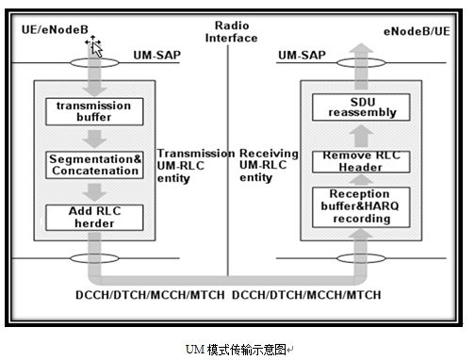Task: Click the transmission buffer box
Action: (94, 110)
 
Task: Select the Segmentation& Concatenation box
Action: (94, 164)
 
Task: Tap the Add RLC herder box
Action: (94, 217)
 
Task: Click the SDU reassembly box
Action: (363, 106)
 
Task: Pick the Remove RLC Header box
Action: (362, 161)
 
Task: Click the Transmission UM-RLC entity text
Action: (195, 165)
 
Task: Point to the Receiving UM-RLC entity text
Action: (269, 165)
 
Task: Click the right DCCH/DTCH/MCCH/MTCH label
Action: (318, 294)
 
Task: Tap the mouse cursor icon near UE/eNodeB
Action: (93, 44)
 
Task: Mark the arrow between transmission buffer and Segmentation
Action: (94, 138)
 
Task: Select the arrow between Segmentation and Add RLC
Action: (94, 191)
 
